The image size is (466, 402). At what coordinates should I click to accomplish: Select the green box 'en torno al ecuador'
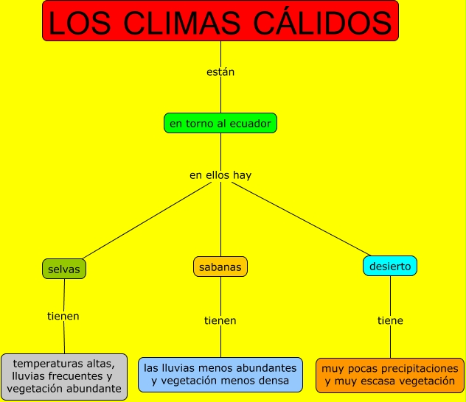(220, 124)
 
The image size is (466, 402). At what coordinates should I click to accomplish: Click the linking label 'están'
(220, 72)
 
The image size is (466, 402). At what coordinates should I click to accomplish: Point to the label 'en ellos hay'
(220, 175)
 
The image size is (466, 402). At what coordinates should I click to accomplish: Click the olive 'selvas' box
(64, 269)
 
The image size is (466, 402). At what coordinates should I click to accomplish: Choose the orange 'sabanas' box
(220, 267)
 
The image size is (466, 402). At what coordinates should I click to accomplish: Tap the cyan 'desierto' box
(390, 267)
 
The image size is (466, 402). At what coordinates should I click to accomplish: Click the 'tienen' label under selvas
(63, 317)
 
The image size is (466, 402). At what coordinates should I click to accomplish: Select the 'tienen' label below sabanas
(220, 321)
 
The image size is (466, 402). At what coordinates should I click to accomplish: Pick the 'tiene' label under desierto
(390, 321)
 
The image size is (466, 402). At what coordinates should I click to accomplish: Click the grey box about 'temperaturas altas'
(64, 375)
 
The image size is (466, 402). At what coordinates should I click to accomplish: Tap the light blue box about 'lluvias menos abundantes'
(220, 374)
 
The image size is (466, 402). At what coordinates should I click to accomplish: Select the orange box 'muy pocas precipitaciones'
(390, 375)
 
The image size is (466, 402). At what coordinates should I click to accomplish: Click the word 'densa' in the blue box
(274, 381)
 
